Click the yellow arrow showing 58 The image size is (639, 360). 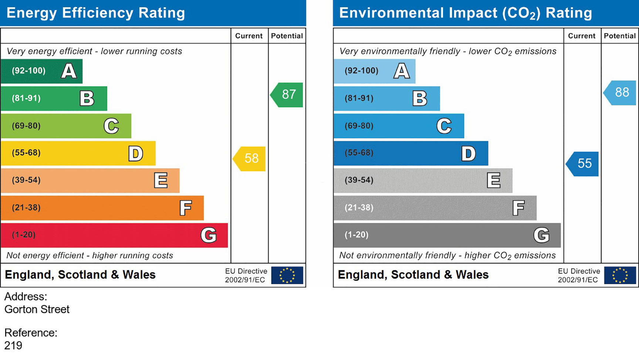pyautogui.click(x=250, y=159)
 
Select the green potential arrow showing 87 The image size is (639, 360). pyautogui.click(x=287, y=95)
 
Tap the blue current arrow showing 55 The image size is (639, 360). pyautogui.click(x=583, y=164)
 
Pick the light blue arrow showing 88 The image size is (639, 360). pyautogui.click(x=621, y=92)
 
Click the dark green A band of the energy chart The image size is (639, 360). pyautogui.click(x=41, y=71)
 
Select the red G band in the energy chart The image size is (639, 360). pyautogui.click(x=114, y=235)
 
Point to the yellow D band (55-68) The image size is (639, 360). pyautogui.click(x=78, y=153)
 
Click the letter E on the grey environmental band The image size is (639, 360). pyautogui.click(x=493, y=181)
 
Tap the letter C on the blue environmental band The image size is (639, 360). pyautogui.click(x=444, y=126)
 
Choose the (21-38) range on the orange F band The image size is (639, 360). pyautogui.click(x=26, y=208)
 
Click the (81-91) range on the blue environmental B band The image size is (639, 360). pyautogui.click(x=359, y=98)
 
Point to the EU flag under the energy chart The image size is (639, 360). pyautogui.click(x=287, y=275)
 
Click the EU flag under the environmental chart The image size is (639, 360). pyautogui.click(x=620, y=275)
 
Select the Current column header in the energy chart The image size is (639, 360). pyautogui.click(x=249, y=36)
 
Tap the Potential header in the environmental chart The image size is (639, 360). pyautogui.click(x=620, y=36)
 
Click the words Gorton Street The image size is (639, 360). pyautogui.click(x=37, y=309)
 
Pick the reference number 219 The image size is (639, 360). pyautogui.click(x=13, y=346)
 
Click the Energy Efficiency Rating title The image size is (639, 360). pyautogui.click(x=96, y=13)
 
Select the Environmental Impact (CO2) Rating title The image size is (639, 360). pyautogui.click(x=466, y=13)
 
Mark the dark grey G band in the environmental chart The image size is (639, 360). pyautogui.click(x=447, y=235)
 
